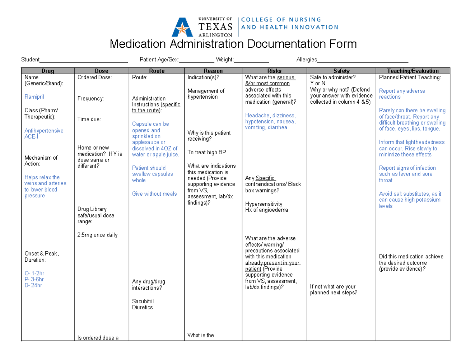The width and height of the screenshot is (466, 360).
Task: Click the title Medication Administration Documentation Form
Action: [233, 44]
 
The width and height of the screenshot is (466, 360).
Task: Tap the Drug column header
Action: [48, 71]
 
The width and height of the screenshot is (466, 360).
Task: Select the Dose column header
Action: [101, 71]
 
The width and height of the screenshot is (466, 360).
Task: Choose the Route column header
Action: [156, 71]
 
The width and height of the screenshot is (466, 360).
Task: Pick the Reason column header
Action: [213, 71]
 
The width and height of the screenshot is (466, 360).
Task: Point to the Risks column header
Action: [274, 71]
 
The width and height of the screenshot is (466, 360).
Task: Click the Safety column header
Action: [341, 71]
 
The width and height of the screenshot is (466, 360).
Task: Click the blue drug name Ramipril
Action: [34, 97]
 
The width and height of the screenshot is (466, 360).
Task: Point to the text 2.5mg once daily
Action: [97, 235]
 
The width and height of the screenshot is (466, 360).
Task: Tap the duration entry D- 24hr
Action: [33, 285]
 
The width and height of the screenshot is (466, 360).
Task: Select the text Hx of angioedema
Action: [267, 210]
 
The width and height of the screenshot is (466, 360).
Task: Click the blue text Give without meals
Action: [154, 194]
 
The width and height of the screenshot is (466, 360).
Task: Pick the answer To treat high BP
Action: [207, 152]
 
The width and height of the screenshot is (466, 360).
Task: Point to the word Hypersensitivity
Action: [264, 204]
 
